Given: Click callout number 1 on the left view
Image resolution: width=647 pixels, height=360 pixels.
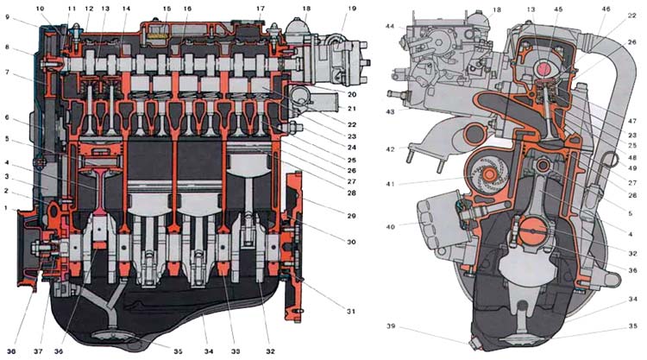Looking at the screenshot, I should (x=7, y=208).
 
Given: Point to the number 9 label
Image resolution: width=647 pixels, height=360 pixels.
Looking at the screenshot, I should (x=8, y=17).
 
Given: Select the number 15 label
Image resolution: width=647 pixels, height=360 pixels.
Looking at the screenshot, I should (x=166, y=8).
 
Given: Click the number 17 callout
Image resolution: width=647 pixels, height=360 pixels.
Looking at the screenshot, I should (x=260, y=8).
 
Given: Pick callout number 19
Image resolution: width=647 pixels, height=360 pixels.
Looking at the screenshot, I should (x=351, y=8).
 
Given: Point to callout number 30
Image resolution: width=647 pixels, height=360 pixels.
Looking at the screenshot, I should (x=352, y=242).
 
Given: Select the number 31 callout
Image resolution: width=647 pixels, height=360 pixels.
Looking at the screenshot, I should (x=352, y=311).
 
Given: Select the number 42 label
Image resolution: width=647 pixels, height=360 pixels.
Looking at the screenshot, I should (x=391, y=148).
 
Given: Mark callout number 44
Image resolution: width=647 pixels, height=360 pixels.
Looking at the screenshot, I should (x=390, y=27).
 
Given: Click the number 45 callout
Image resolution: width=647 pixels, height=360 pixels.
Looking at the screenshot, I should (x=558, y=9).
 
